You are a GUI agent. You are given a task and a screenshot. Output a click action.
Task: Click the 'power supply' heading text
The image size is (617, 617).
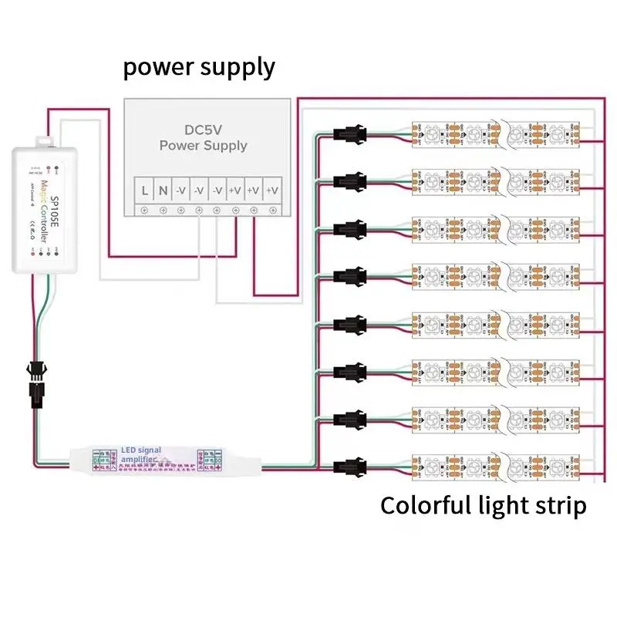tap(199, 67)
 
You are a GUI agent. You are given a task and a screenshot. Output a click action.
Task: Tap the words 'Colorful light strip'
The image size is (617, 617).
tap(483, 506)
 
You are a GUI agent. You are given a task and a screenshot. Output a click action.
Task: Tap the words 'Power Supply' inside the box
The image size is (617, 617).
tap(204, 145)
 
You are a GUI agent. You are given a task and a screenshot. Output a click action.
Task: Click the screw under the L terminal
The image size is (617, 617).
tap(144, 210)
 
